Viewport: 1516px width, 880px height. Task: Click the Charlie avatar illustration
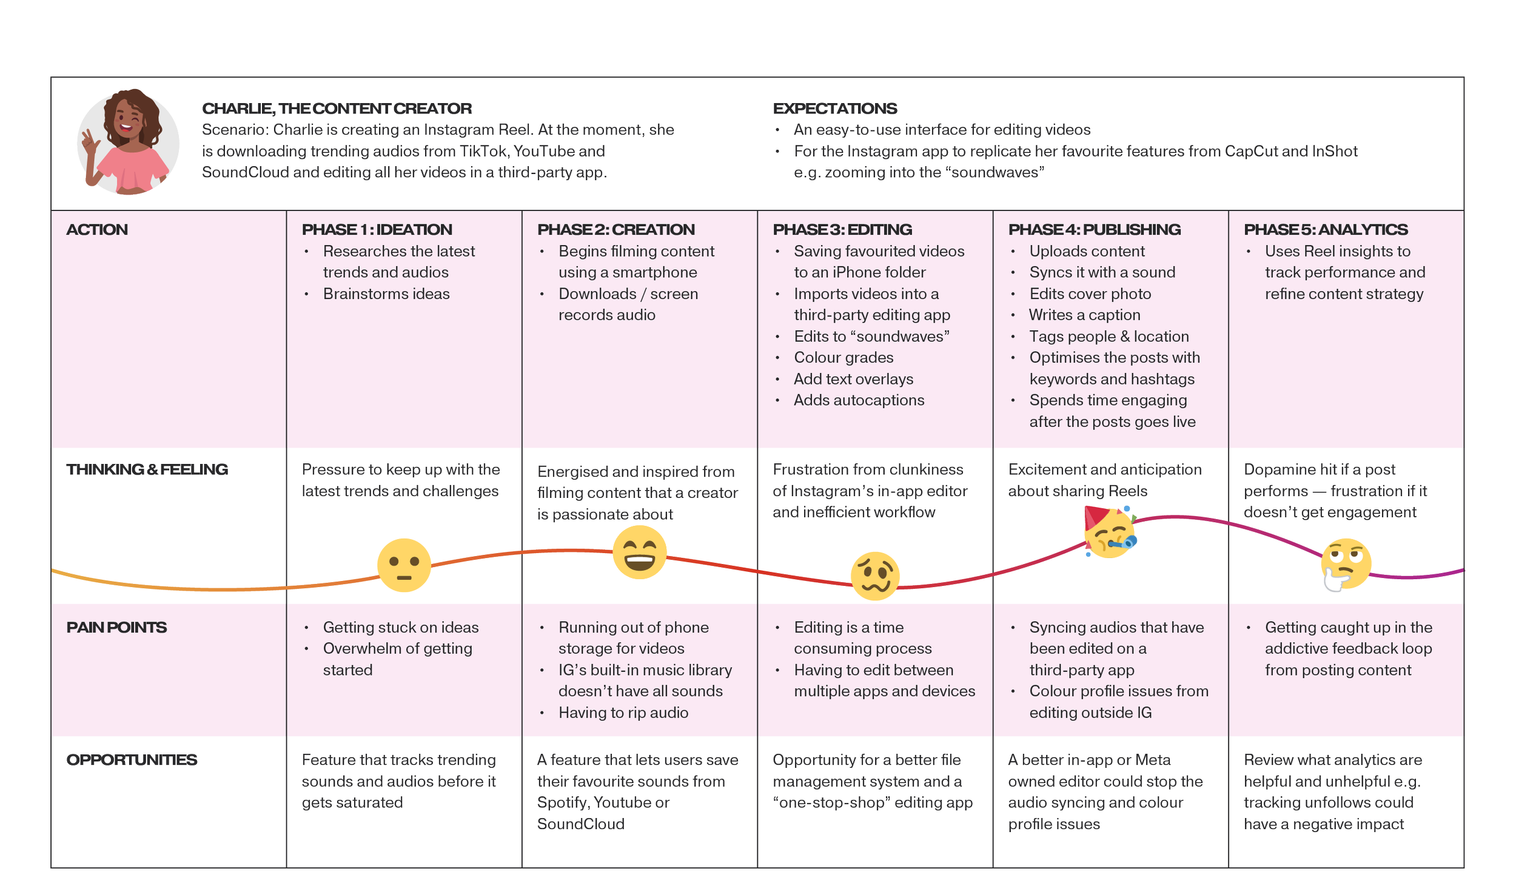128,142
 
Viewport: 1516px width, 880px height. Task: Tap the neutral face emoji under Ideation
404,565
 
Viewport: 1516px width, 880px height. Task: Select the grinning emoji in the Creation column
639,553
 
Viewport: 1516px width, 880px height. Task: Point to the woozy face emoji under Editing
875,576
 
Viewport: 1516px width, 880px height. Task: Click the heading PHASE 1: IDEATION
377,230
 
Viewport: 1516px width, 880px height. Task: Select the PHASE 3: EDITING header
842,230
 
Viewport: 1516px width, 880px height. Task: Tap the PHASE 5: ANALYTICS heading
1326,230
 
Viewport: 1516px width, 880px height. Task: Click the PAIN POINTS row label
116,628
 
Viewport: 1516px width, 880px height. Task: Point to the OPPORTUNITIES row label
132,760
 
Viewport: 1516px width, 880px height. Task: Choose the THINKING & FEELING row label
147,469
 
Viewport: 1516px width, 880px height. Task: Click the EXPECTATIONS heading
834,109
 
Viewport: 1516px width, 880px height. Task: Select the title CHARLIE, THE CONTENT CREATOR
337,109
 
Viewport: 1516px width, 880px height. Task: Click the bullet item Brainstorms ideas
386,294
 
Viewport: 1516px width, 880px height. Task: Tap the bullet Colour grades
844,358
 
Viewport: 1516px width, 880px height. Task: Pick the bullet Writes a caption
1084,315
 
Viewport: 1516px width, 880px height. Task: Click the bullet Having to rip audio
623,713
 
